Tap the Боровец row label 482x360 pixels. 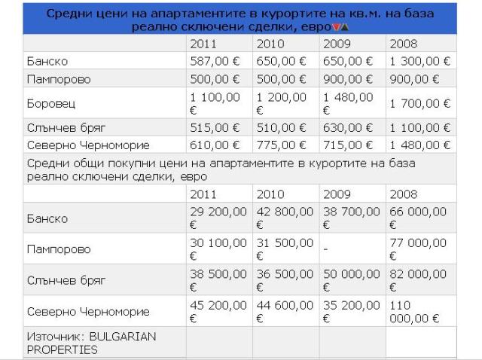(x=51, y=103)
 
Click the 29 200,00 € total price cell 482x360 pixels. (x=218, y=218)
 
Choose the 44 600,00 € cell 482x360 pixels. (x=285, y=311)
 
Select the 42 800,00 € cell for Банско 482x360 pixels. (x=285, y=218)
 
